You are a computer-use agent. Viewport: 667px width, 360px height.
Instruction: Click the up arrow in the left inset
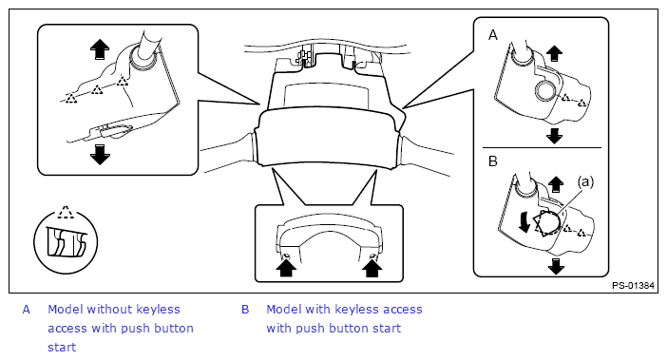(x=100, y=49)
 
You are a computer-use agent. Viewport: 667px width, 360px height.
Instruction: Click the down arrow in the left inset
(x=100, y=154)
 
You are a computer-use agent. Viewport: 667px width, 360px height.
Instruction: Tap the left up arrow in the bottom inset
(x=286, y=268)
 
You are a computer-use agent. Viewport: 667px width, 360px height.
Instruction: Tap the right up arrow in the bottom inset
(x=372, y=268)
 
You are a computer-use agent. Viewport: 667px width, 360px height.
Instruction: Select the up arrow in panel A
(x=554, y=53)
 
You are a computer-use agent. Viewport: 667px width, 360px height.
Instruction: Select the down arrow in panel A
(x=554, y=136)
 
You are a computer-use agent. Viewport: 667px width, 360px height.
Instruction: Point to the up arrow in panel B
(x=556, y=185)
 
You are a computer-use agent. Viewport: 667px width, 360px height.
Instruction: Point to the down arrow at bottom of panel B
(x=556, y=266)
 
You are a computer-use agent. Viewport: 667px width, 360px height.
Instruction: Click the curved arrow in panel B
(x=524, y=221)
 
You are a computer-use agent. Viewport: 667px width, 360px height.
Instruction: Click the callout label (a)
(x=585, y=182)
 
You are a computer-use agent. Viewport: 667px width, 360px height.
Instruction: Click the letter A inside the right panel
(x=493, y=35)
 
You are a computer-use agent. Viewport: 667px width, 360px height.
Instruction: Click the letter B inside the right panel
(x=493, y=161)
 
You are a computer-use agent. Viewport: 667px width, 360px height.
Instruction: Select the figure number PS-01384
(x=633, y=286)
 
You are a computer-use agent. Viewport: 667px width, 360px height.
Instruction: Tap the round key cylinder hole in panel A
(x=545, y=90)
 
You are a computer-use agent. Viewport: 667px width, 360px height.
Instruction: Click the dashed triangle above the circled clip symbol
(x=65, y=212)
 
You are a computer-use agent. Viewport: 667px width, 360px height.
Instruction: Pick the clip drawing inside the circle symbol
(x=66, y=242)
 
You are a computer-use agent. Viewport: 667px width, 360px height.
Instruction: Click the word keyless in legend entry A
(x=155, y=310)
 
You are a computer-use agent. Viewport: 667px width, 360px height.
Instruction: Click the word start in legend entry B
(x=387, y=328)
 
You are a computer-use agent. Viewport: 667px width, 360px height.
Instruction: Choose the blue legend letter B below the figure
(x=245, y=310)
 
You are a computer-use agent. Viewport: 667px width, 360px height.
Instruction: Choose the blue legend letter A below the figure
(x=27, y=310)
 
